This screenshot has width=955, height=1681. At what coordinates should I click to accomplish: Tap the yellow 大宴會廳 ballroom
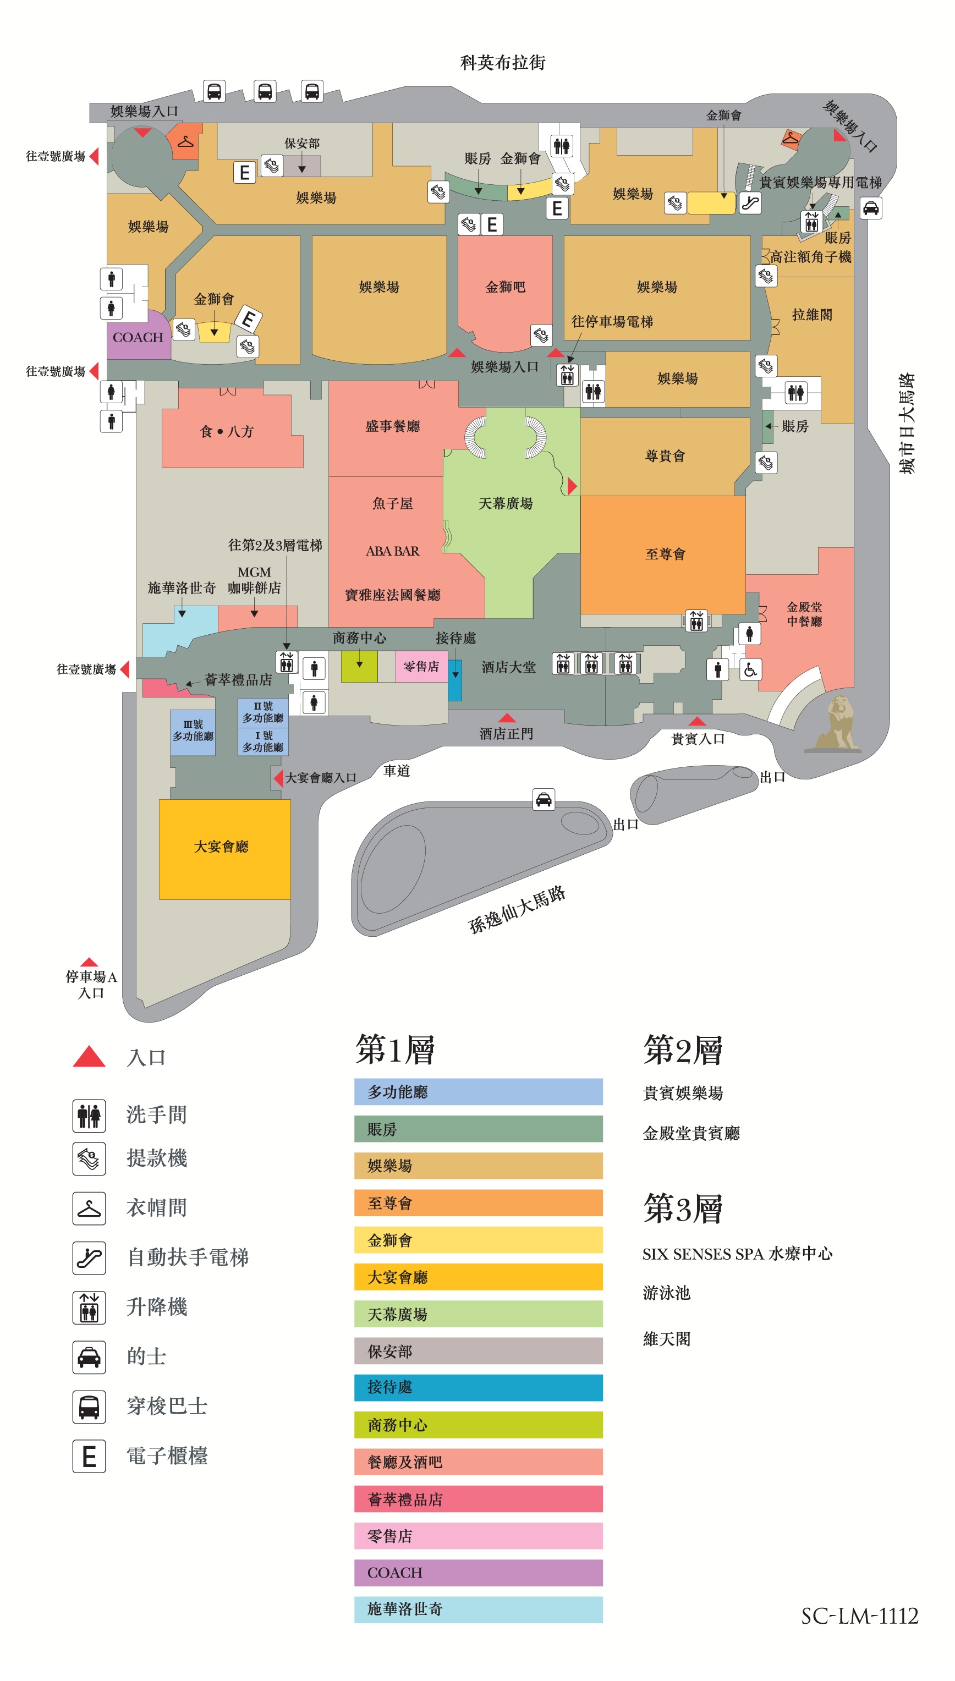tap(224, 849)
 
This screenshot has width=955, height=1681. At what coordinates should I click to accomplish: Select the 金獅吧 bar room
tap(504, 289)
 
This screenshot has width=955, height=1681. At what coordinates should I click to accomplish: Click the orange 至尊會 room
tap(662, 555)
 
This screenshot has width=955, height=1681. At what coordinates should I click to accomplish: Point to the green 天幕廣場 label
tap(505, 503)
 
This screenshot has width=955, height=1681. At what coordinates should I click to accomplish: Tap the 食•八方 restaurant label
tap(226, 431)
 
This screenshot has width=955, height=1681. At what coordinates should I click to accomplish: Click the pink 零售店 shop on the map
tap(421, 666)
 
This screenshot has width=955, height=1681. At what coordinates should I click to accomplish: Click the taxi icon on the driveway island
tap(544, 799)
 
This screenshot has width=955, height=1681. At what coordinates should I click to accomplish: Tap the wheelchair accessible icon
tap(750, 669)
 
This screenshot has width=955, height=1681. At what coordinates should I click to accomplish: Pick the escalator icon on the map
tap(750, 202)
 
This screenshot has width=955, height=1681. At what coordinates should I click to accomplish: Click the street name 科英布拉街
tap(502, 62)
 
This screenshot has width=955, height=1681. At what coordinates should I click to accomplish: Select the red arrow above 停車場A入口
tap(89, 962)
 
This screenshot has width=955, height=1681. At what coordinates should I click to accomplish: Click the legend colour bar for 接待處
tap(478, 1388)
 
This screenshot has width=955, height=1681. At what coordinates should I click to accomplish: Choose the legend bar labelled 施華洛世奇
tap(478, 1609)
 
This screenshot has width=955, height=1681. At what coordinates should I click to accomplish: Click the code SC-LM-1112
tap(859, 1616)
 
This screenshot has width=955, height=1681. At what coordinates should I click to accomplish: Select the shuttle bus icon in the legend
tap(89, 1406)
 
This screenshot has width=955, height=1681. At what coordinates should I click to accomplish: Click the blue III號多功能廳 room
tap(193, 732)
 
